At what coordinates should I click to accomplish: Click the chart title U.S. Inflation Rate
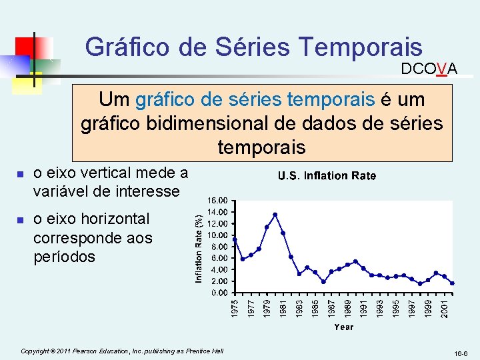tap(327, 176)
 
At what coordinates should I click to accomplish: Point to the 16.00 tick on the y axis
tap(219, 200)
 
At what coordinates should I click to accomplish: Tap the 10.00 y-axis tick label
tap(219, 235)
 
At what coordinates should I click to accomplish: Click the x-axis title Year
tap(343, 327)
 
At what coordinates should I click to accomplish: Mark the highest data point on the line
tap(275, 215)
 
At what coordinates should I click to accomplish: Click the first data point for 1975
tap(235, 239)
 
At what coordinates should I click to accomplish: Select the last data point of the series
tap(452, 283)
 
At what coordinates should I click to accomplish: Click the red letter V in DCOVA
tap(441, 69)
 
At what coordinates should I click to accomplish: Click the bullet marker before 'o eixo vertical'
tap(21, 175)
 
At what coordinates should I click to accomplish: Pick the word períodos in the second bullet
tap(64, 257)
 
